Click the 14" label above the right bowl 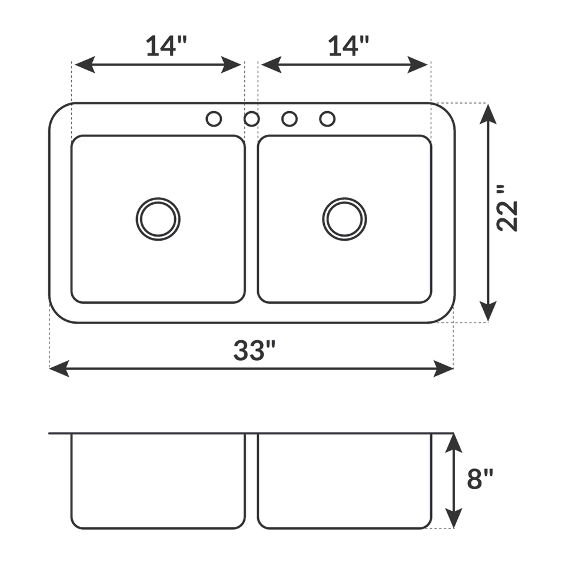(x=348, y=46)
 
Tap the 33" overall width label (x=254, y=351)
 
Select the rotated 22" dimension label (x=507, y=208)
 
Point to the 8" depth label (x=480, y=479)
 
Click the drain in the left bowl (x=158, y=219)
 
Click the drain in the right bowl (x=344, y=219)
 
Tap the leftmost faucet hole (x=214, y=119)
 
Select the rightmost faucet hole (x=327, y=119)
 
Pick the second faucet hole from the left (x=252, y=119)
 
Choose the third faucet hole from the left (x=289, y=119)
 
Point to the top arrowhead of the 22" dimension (x=488, y=112)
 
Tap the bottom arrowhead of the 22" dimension (x=488, y=312)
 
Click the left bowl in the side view (x=158, y=480)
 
